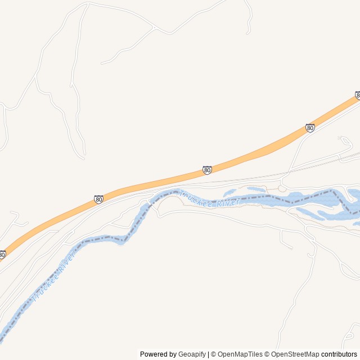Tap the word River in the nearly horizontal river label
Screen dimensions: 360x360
(x=228, y=202)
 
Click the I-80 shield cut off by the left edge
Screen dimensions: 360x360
(x=2, y=255)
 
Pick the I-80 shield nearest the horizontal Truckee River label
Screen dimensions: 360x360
(x=207, y=170)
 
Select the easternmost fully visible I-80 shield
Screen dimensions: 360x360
(x=310, y=128)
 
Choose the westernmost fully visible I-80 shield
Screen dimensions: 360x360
(x=98, y=199)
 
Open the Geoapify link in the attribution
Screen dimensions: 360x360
(x=192, y=354)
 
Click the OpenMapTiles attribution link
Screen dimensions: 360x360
(x=240, y=354)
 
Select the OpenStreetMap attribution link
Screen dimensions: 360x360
(x=295, y=354)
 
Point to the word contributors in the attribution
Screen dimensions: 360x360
(x=339, y=354)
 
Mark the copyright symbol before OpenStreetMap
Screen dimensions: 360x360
(x=268, y=354)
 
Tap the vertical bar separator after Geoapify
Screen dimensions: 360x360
(x=209, y=354)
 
